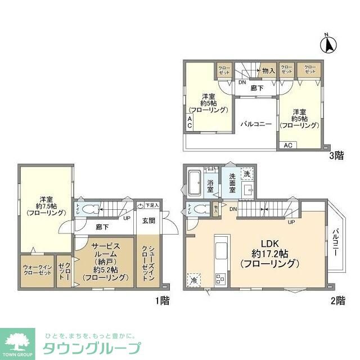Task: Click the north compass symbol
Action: [x=328, y=43]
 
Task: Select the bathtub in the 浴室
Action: [x=195, y=182]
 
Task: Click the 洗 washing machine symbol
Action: [x=246, y=174]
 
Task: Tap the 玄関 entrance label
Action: [x=148, y=220]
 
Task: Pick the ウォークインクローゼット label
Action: [x=37, y=271]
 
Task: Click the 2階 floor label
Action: [x=337, y=300]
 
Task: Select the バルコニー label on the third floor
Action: [x=256, y=124]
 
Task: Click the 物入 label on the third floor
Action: [x=268, y=70]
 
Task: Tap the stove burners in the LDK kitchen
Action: [x=220, y=277]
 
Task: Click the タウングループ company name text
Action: [x=92, y=347]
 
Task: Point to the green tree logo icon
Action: [x=18, y=340]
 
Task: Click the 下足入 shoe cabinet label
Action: [x=152, y=206]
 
